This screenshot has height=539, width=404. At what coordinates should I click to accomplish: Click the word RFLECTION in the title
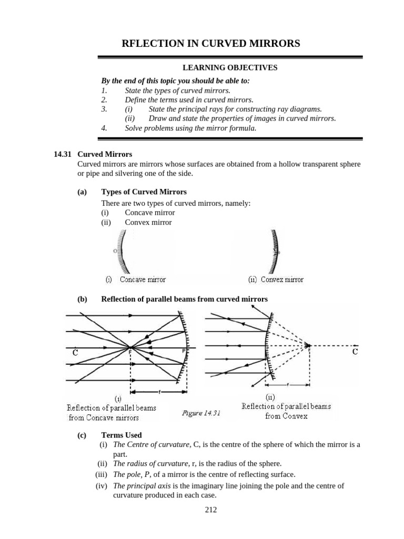coord(153,44)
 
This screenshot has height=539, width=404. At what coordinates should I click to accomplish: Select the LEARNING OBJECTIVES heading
coord(230,67)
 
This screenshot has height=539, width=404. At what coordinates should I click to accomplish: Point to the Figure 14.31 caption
coord(201,413)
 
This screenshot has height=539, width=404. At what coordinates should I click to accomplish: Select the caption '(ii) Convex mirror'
coord(276,280)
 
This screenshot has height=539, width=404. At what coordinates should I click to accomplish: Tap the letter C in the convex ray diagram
coord(355,352)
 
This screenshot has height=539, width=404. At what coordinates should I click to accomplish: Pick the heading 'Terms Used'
coord(120,435)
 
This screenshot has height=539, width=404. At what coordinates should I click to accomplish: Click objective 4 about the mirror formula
coord(190,128)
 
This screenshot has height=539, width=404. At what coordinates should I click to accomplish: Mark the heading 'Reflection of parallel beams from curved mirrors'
coord(184,299)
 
